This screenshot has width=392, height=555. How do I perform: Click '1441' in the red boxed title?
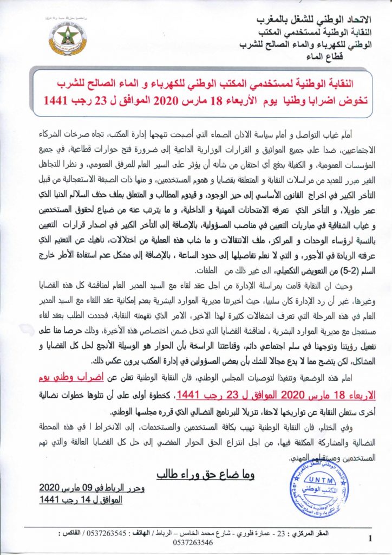(x=55, y=101)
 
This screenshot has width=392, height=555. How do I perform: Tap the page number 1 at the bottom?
(x=369, y=538)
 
